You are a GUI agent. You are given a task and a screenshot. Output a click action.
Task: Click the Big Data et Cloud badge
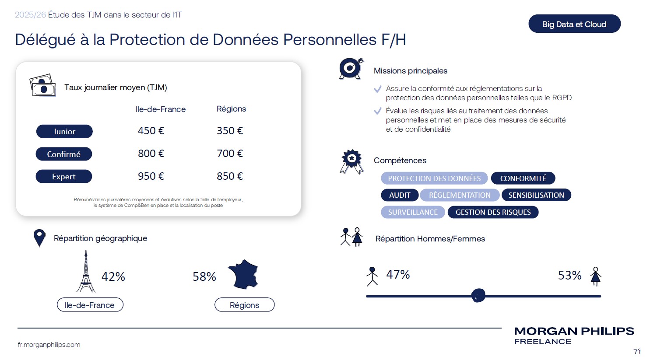[x=574, y=24]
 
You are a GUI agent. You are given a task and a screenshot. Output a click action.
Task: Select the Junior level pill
[x=64, y=131]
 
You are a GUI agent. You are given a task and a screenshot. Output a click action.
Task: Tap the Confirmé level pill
[x=64, y=154]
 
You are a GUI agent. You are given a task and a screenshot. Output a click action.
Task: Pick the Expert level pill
[x=64, y=177]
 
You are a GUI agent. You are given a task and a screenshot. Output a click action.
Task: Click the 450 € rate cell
[x=151, y=131]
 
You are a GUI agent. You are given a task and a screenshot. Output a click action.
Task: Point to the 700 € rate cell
[x=230, y=154]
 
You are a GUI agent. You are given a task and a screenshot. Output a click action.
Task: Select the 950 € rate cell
[x=151, y=176]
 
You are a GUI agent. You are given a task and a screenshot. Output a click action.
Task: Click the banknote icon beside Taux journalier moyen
[x=42, y=85]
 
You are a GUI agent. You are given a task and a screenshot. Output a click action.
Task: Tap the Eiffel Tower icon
[x=86, y=272]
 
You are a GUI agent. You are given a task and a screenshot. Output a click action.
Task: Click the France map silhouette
[x=243, y=274]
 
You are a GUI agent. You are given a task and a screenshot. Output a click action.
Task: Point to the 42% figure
[x=113, y=276]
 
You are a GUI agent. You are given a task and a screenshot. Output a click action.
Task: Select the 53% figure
[x=569, y=275]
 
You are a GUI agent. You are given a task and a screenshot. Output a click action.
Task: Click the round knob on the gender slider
[x=478, y=296]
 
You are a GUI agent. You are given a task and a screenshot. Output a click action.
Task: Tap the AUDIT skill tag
[x=400, y=195]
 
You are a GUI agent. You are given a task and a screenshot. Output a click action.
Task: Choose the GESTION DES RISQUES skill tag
[x=493, y=212]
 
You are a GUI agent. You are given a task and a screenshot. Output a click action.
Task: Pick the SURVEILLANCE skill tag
[x=413, y=212]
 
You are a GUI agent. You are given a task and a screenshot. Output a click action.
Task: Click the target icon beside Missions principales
[x=351, y=68]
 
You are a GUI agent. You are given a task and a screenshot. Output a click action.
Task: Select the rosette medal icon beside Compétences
[x=351, y=161]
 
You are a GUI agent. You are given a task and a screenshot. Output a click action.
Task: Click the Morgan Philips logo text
[x=574, y=331]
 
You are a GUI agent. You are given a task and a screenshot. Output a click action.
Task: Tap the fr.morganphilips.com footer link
[x=49, y=345]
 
